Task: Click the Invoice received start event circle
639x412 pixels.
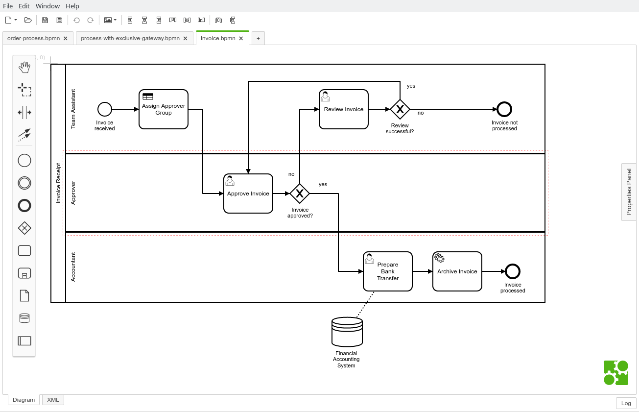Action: tap(105, 109)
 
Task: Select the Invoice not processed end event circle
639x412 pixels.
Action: tap(504, 109)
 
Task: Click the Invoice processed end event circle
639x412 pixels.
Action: tap(512, 271)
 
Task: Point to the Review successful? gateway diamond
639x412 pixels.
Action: tap(400, 109)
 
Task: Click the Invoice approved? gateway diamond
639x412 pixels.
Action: tap(300, 194)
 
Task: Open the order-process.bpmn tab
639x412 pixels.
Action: tap(33, 38)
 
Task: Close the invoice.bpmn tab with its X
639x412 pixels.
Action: tap(241, 38)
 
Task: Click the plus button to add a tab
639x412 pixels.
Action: tap(258, 38)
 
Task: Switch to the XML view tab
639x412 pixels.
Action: tap(53, 400)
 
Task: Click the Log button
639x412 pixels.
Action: tap(626, 403)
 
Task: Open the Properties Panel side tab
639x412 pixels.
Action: tap(629, 192)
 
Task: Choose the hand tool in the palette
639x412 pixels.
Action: tap(24, 68)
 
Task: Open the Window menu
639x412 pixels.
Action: tap(47, 6)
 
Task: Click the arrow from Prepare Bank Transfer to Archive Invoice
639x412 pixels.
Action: tap(422, 271)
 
